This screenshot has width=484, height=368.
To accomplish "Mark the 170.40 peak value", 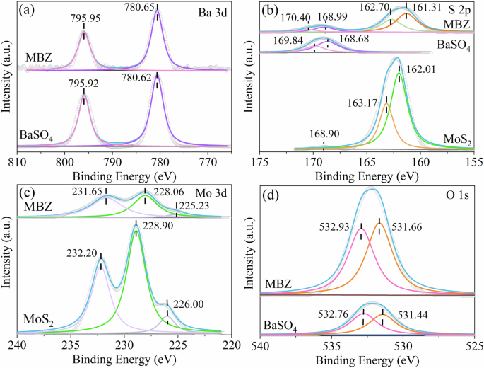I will coord(278,18).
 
